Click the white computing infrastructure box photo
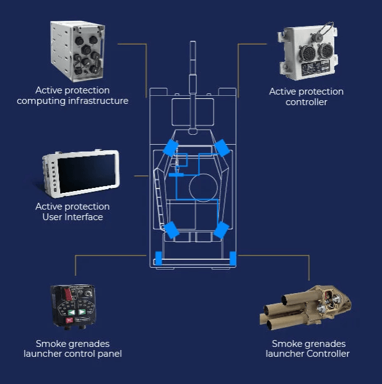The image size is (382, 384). tap(77, 51)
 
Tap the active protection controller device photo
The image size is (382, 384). tap(308, 51)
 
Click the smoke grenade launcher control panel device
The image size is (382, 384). tap(73, 307)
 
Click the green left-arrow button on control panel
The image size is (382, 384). tap(72, 312)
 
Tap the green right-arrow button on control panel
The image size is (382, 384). tap(82, 312)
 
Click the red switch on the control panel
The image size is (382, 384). tap(68, 294)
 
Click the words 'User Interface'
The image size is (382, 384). tap(72, 217)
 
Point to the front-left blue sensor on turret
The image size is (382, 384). tap(171, 148)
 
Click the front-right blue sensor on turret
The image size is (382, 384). tap(222, 148)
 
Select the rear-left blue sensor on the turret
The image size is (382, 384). tap(171, 229)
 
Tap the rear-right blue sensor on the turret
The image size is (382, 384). tap(222, 230)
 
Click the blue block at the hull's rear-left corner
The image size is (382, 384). tap(158, 258)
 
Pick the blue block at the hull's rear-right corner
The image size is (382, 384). tap(233, 258)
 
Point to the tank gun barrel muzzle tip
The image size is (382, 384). tap(193, 42)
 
